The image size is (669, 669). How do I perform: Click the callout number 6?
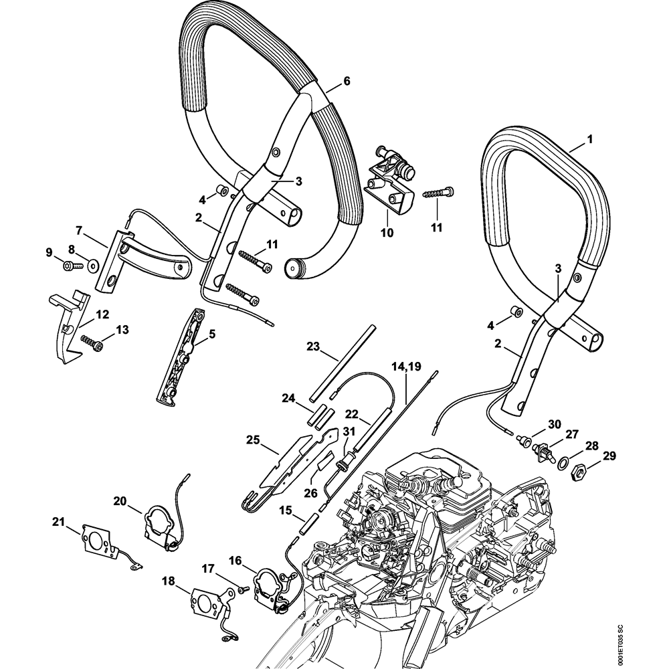(x=347, y=81)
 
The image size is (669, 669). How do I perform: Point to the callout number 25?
(x=252, y=440)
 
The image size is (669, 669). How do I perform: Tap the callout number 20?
(x=120, y=500)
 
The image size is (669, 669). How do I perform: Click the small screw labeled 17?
(x=242, y=589)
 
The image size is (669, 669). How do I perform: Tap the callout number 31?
(x=348, y=429)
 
